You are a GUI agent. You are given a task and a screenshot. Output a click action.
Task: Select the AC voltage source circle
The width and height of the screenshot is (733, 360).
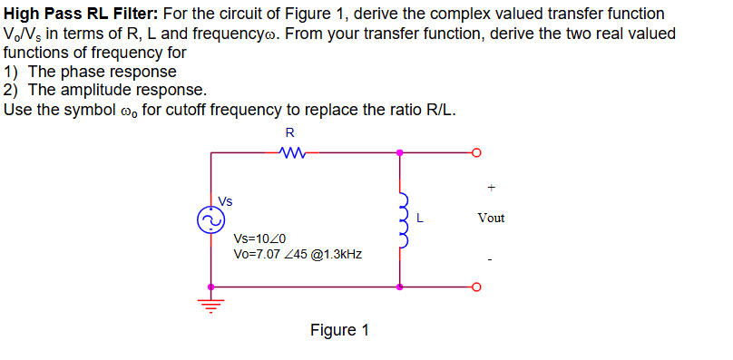click(211, 219)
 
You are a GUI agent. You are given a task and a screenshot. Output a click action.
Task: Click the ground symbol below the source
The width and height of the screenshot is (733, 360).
click(211, 305)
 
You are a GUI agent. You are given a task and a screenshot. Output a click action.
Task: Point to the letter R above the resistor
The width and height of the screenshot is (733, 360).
click(290, 132)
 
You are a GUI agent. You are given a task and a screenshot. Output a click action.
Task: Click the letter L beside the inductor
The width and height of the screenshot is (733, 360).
click(420, 218)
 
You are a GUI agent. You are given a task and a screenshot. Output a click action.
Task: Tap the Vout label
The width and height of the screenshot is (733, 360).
click(491, 218)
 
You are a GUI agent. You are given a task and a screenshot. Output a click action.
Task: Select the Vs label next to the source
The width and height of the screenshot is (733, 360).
click(226, 200)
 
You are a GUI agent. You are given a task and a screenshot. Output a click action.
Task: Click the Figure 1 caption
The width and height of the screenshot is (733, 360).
click(339, 329)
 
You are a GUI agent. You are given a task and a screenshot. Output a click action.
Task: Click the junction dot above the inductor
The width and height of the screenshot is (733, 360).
click(400, 152)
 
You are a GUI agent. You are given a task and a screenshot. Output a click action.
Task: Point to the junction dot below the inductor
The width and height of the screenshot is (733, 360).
click(400, 287)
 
